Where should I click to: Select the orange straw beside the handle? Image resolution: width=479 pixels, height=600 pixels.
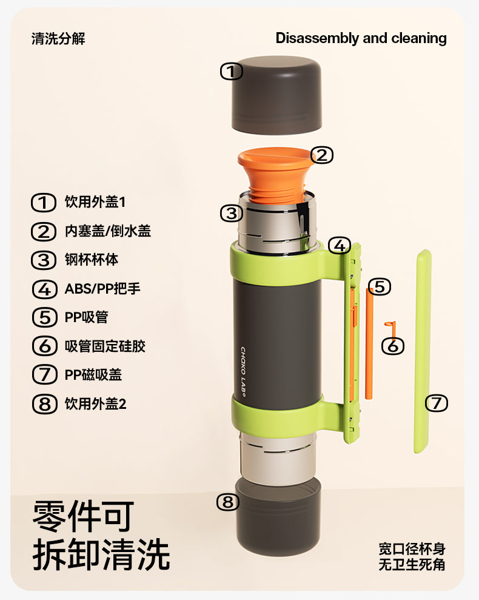coord(369,343)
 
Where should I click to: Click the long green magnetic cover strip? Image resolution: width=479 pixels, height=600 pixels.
coord(423,351)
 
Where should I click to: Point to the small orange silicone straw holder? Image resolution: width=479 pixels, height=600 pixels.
coord(391,329)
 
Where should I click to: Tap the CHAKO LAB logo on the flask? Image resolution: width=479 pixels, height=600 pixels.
coord(243,371)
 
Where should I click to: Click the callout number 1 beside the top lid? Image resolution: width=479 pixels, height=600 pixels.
coord(232,72)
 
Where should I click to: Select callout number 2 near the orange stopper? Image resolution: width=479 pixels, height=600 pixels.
coord(322,155)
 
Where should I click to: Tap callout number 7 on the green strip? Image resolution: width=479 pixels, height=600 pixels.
coord(437,403)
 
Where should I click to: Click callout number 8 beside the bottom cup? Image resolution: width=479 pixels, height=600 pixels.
coord(228,502)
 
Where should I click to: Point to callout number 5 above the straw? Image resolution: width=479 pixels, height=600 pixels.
coord(380,286)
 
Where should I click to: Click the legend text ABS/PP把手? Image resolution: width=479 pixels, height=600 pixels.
coord(102,289)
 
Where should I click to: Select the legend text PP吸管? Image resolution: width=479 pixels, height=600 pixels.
coord(87,317)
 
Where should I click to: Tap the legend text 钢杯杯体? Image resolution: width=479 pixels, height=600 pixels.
coord(92,260)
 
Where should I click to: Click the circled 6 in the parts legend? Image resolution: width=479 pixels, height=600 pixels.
coord(45,346)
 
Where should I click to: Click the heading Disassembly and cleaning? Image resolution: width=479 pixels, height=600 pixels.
coord(361,38)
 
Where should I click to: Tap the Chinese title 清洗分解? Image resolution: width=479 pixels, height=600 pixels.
coord(58,39)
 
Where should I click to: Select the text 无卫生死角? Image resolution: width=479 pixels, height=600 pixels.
coord(412,565)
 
